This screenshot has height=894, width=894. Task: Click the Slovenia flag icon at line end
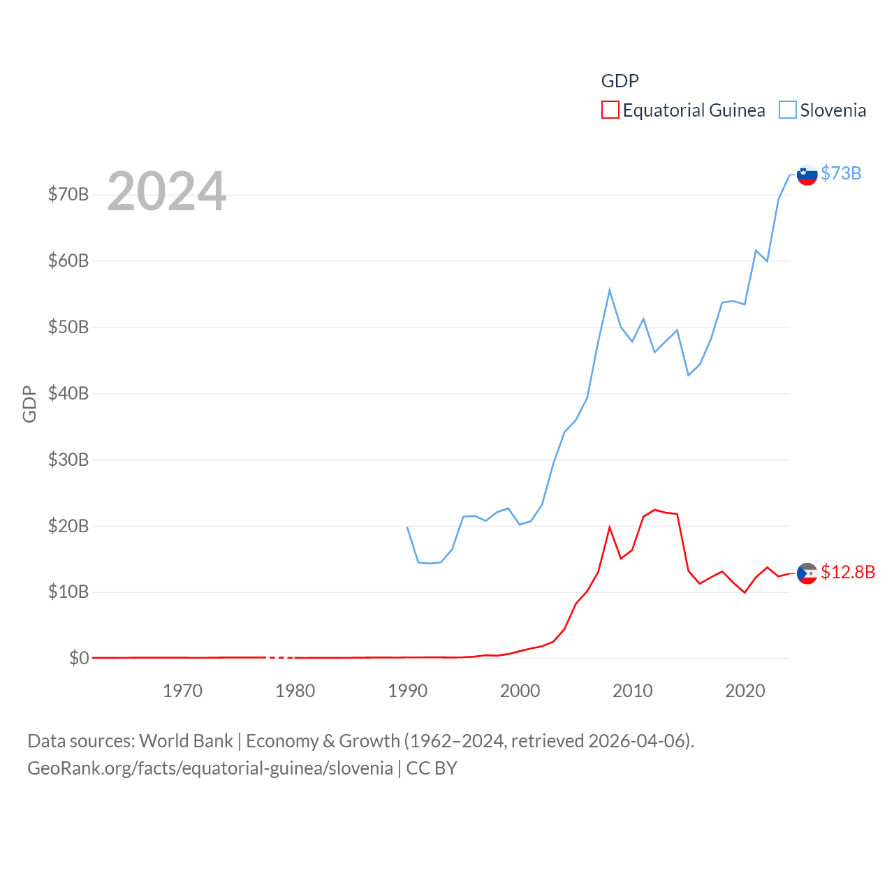[807, 175]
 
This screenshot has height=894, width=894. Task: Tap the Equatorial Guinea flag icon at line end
[807, 573]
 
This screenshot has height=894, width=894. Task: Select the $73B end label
[841, 173]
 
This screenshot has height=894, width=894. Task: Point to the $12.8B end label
[848, 572]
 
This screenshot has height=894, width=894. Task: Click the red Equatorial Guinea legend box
[610, 110]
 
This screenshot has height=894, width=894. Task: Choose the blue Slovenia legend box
[787, 110]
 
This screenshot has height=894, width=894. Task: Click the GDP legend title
[620, 81]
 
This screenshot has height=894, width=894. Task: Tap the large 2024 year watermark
[166, 191]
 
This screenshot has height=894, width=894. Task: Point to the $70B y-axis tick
[68, 194]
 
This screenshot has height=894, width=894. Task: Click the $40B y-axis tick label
[68, 393]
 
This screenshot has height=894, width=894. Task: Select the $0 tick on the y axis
[79, 658]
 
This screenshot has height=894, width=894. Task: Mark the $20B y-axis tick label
[68, 526]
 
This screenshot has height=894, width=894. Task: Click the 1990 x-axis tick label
[407, 691]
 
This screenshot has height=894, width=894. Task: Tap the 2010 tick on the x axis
[632, 691]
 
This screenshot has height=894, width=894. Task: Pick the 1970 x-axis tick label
[182, 691]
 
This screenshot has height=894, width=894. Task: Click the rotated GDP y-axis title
[29, 404]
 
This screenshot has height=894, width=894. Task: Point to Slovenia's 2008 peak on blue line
[610, 290]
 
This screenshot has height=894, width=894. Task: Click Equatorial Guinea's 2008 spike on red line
[610, 527]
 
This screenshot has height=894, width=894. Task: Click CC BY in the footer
[432, 768]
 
